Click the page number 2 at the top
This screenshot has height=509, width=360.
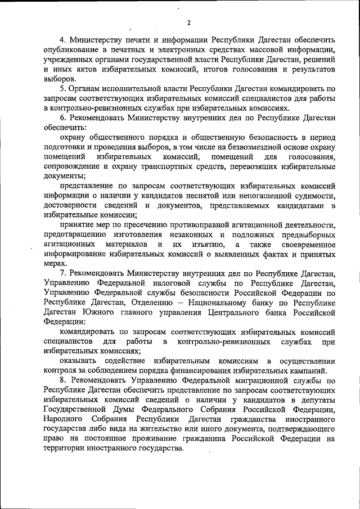pos(189,22)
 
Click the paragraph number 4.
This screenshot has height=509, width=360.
pos(62,41)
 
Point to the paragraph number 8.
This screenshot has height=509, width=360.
pos(62,381)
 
